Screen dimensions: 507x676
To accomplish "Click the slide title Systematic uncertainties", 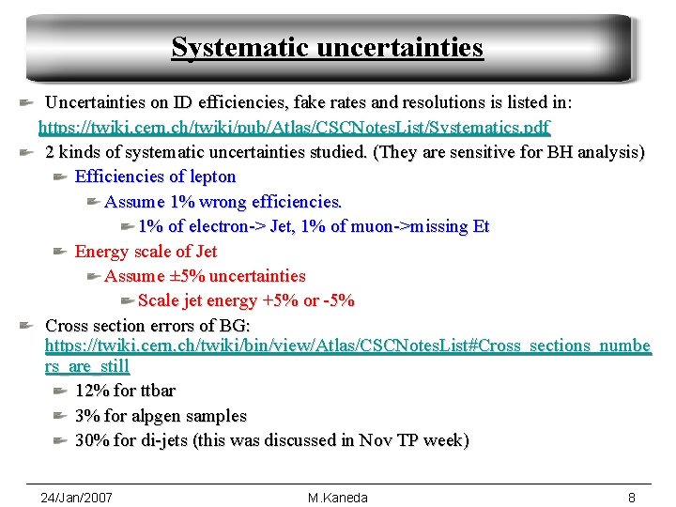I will [327, 47].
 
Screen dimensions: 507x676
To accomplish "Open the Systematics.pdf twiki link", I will [294, 127].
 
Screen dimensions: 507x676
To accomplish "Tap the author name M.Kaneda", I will [338, 498].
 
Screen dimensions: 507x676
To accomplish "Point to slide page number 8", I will [632, 498].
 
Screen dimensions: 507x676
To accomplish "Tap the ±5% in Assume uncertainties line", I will [187, 276].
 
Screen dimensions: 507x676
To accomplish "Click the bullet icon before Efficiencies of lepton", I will [59, 177].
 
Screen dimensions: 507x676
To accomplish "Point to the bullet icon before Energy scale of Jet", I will [59, 251].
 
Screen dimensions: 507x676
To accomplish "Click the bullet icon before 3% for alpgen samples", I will [59, 416].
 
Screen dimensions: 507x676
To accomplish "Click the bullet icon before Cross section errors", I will [29, 326].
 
